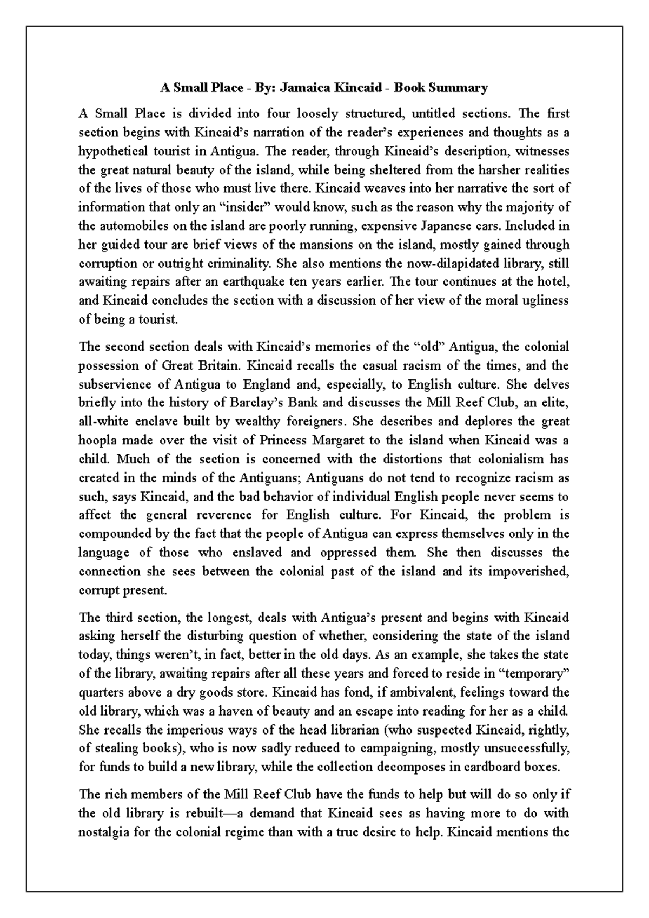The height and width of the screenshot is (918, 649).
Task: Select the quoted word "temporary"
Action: (x=534, y=673)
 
